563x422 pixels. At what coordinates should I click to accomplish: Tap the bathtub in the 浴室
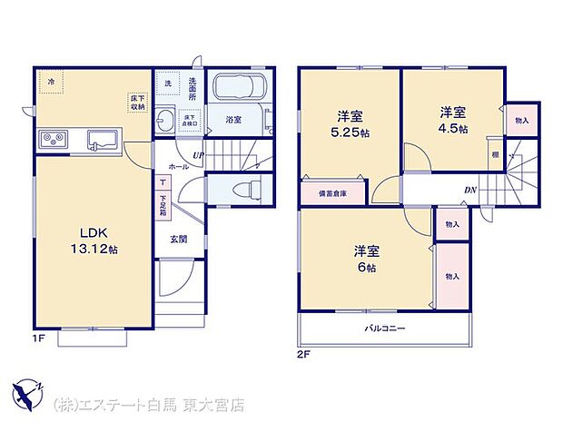(x=238, y=89)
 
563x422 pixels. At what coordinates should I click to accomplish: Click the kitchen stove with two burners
(x=53, y=141)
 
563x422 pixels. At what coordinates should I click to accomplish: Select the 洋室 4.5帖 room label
(x=452, y=120)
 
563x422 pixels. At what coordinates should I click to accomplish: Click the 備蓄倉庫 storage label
(x=331, y=193)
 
